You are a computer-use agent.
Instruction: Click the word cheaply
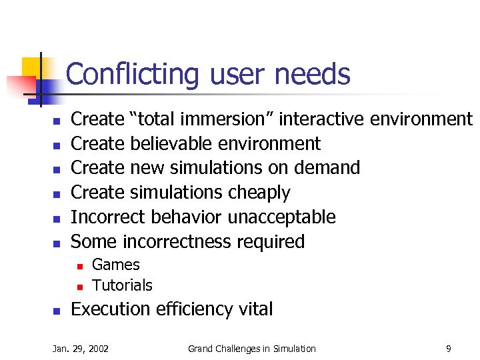point(259,192)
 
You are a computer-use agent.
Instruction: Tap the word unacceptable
point(282,217)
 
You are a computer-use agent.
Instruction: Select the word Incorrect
point(108,217)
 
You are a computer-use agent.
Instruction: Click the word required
point(274,241)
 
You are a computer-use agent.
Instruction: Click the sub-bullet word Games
point(115,265)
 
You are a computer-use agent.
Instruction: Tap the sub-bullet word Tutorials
point(122,285)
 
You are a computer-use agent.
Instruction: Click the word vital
point(256,309)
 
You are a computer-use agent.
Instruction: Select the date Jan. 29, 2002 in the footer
point(81,348)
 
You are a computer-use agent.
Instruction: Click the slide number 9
point(449,348)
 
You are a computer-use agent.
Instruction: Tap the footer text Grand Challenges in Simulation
point(251,348)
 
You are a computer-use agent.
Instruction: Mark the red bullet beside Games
point(79,266)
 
